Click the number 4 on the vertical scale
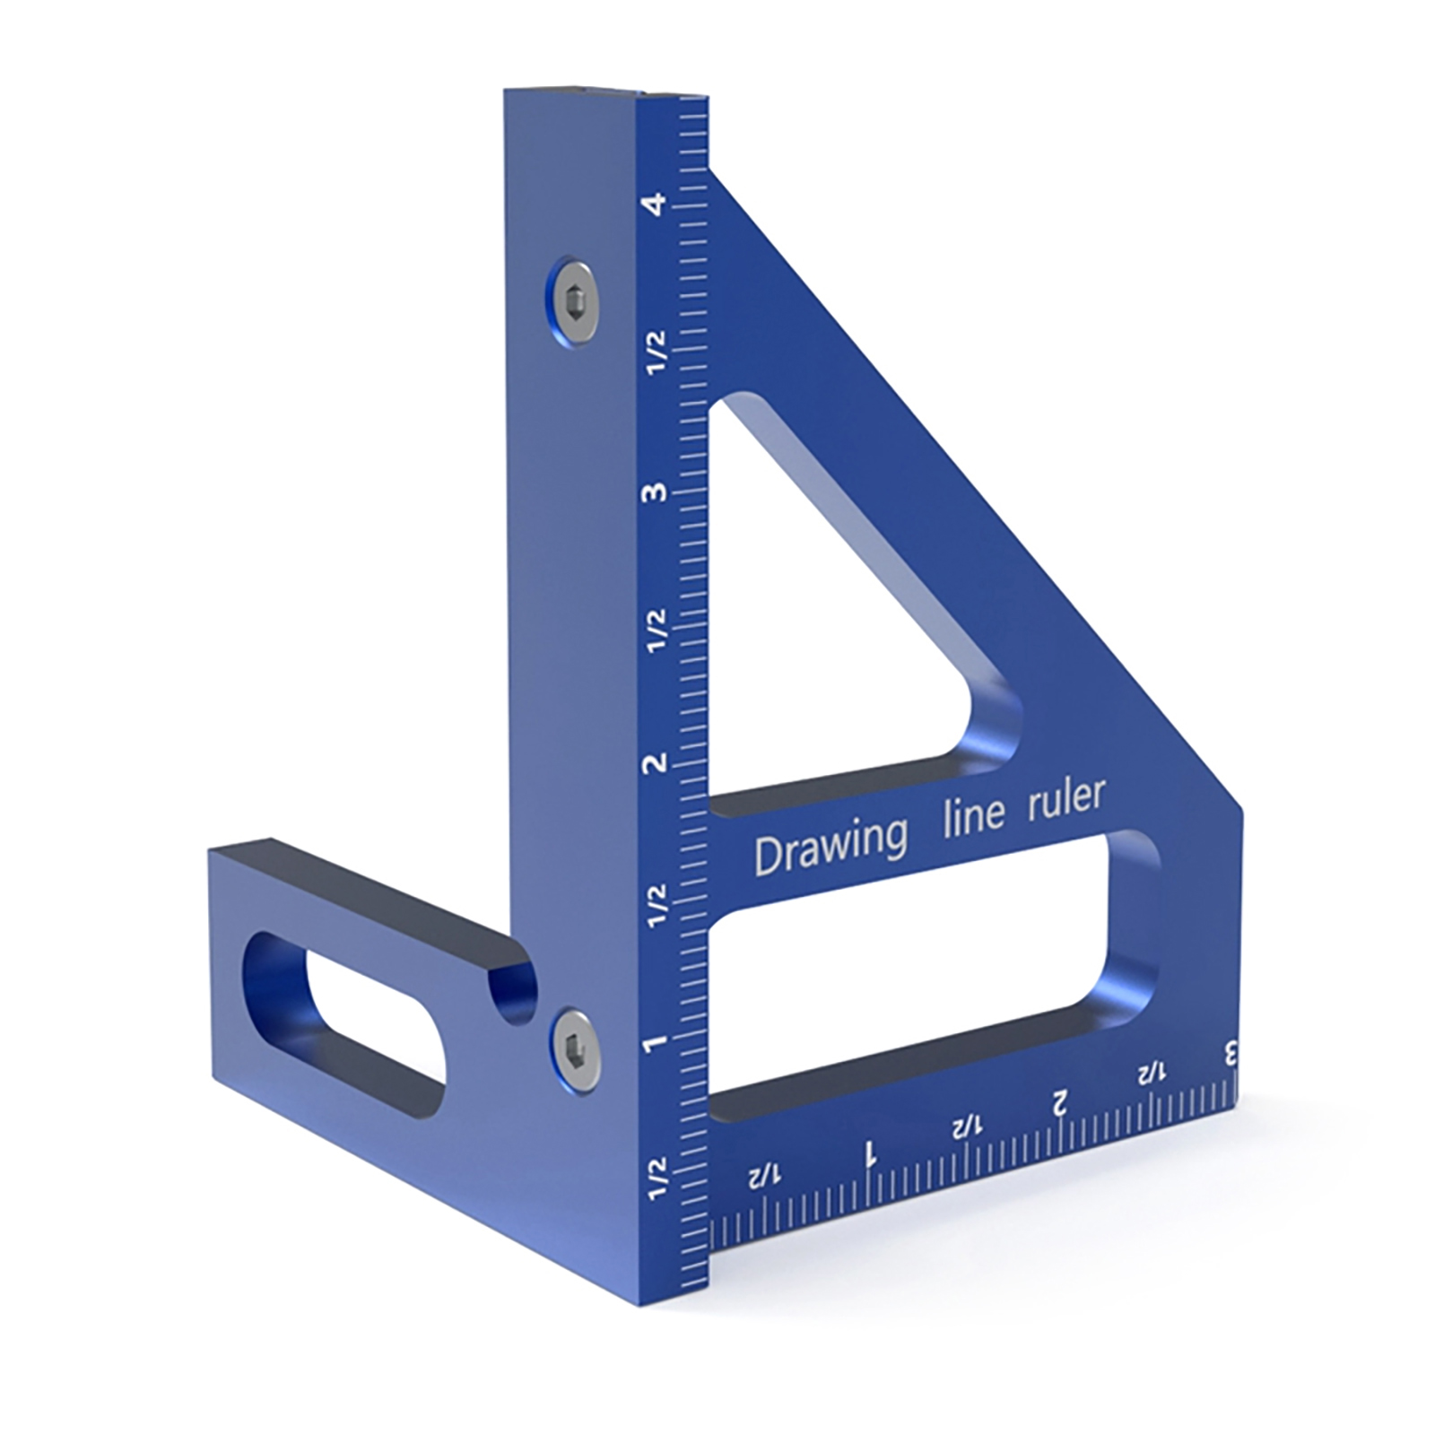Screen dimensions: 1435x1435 point(657,204)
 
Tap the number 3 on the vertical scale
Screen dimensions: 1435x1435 point(657,492)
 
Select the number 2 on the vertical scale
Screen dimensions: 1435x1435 point(657,763)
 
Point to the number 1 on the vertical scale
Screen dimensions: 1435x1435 point(657,1043)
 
